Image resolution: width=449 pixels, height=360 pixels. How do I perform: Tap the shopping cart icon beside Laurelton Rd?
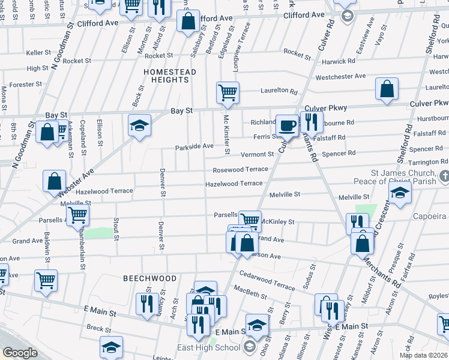(x=228, y=92)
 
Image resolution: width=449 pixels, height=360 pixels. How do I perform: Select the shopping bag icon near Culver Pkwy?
(x=387, y=89)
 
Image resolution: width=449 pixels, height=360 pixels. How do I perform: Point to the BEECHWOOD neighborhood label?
(x=150, y=278)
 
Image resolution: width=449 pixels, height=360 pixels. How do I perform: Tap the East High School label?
(x=209, y=347)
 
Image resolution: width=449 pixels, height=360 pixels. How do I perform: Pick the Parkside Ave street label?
(x=194, y=146)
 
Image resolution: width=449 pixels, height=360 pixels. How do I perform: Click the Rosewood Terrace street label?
(x=240, y=170)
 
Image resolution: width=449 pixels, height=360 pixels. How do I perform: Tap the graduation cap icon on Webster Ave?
(x=139, y=125)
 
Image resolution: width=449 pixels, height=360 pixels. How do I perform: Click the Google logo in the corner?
(x=20, y=352)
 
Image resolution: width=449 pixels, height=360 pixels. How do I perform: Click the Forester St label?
(x=25, y=85)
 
